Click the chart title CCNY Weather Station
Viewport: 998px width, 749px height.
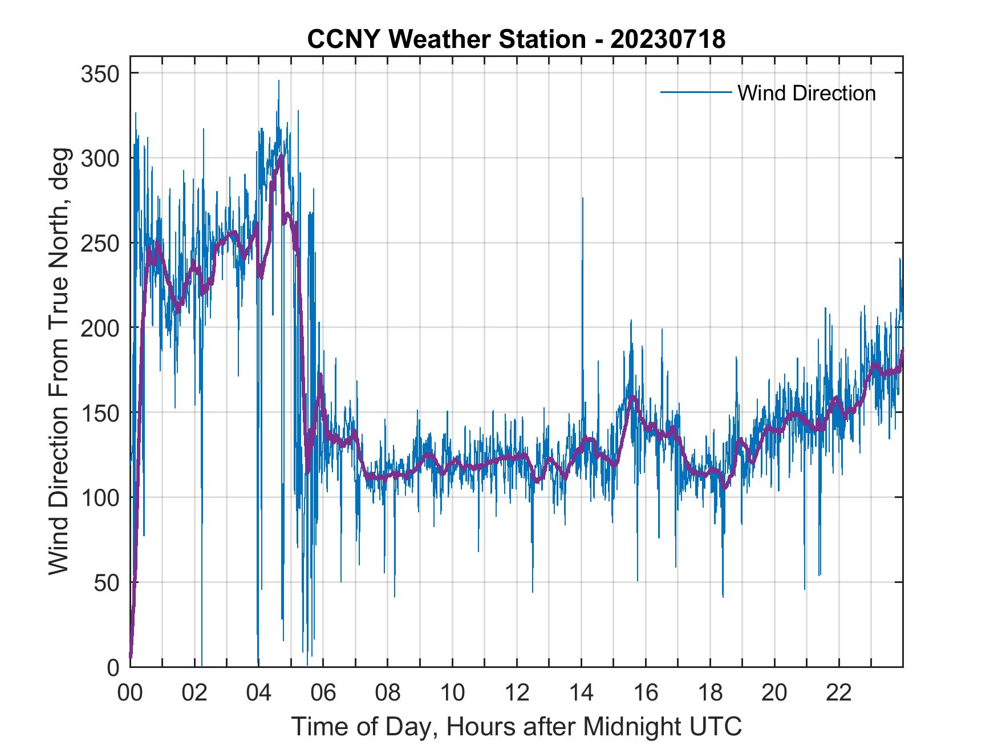point(516,39)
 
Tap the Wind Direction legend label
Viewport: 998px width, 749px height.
point(806,93)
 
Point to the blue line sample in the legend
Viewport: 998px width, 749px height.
point(695,92)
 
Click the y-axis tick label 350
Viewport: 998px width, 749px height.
point(99,74)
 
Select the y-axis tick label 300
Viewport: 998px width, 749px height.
point(99,158)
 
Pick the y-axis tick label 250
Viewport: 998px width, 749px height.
point(99,243)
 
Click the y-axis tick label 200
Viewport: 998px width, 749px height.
point(99,327)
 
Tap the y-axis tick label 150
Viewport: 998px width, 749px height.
point(99,412)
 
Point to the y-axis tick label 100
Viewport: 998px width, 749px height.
point(99,497)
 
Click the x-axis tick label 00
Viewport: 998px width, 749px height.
point(130,693)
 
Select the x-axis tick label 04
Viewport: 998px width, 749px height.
point(259,693)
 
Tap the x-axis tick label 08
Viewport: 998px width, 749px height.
point(388,693)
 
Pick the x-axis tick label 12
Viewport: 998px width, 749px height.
point(517,693)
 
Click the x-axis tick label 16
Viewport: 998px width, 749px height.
point(646,693)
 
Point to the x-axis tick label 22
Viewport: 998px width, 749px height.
point(839,693)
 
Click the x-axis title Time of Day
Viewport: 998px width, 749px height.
point(517,726)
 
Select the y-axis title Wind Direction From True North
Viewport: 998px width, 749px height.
point(59,361)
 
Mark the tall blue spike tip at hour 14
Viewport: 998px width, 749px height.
point(582,199)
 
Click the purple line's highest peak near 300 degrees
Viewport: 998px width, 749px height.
point(281,156)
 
